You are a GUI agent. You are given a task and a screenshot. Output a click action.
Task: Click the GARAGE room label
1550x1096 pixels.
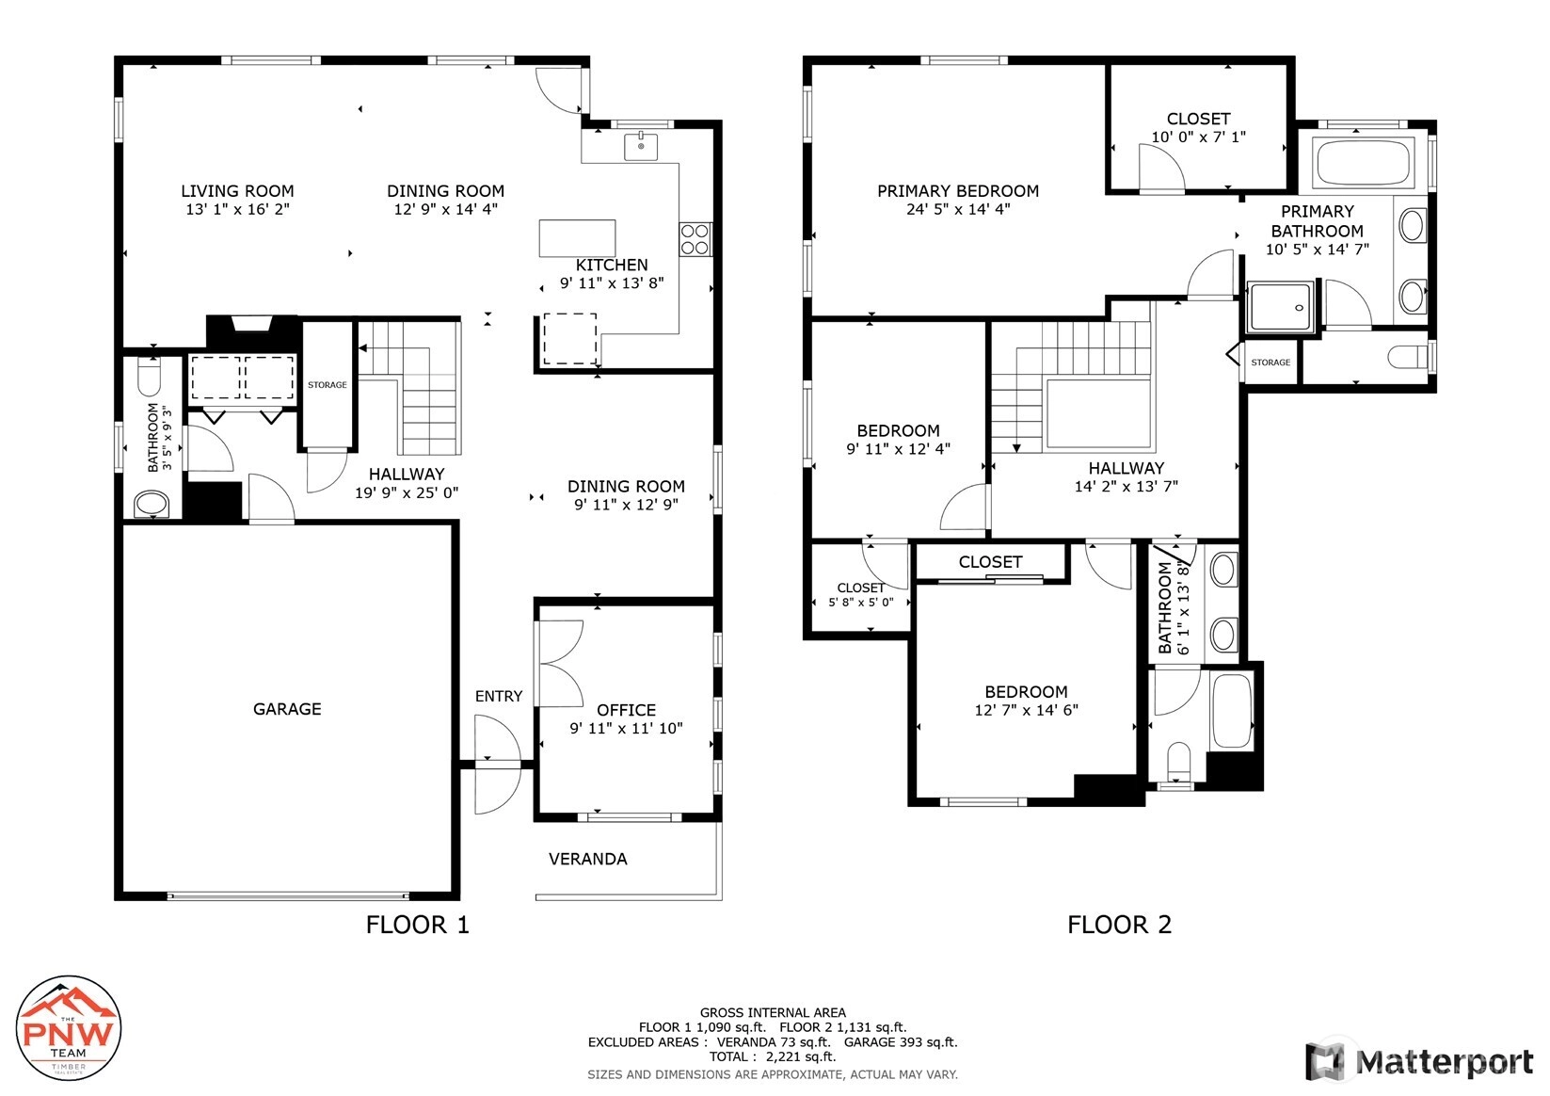[286, 709]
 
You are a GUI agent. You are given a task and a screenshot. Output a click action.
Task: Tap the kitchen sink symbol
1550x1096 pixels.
[641, 146]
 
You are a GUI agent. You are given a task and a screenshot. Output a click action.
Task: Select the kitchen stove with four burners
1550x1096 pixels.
[695, 239]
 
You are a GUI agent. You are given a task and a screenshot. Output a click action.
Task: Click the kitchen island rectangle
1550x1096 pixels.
[577, 238]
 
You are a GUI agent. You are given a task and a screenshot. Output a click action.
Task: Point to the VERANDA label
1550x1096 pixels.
[588, 860]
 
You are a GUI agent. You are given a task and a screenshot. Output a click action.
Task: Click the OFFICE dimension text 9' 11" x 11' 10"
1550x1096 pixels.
[626, 729]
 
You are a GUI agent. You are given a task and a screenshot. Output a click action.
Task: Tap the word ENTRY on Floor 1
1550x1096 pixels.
[498, 697]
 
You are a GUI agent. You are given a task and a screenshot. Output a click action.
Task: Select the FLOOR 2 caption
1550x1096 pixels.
[1119, 925]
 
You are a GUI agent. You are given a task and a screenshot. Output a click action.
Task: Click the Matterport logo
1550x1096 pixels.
[1419, 1061]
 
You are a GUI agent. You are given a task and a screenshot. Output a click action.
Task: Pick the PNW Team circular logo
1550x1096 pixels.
[69, 1027]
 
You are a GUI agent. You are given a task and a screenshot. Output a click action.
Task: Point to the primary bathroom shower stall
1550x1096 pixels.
[1281, 307]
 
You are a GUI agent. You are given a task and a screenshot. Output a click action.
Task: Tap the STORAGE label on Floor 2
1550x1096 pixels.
[1270, 363]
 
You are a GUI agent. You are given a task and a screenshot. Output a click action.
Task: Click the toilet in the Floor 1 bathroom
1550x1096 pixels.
[150, 375]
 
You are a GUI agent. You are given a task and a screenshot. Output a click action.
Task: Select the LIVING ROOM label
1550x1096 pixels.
[237, 191]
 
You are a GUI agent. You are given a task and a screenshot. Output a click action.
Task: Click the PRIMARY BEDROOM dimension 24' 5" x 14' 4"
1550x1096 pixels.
[958, 209]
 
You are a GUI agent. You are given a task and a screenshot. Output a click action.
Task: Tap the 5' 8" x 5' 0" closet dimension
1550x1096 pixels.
[861, 603]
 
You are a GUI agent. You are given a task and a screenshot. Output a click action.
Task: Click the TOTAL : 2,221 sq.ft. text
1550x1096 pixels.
[773, 1056]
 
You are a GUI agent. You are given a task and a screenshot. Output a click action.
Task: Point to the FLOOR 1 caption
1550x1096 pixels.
[417, 925]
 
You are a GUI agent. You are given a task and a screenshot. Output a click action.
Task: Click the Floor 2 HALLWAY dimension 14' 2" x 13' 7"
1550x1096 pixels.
[1126, 487]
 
